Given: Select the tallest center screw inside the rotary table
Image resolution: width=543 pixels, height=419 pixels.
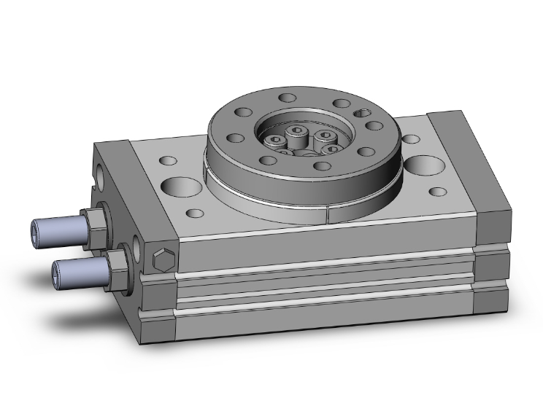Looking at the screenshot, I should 298,133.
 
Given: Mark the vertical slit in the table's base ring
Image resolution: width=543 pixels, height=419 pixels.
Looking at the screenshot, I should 330,214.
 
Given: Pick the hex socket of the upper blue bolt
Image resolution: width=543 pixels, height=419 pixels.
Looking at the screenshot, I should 40,231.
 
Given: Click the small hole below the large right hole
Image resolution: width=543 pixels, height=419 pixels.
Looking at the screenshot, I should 438,192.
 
